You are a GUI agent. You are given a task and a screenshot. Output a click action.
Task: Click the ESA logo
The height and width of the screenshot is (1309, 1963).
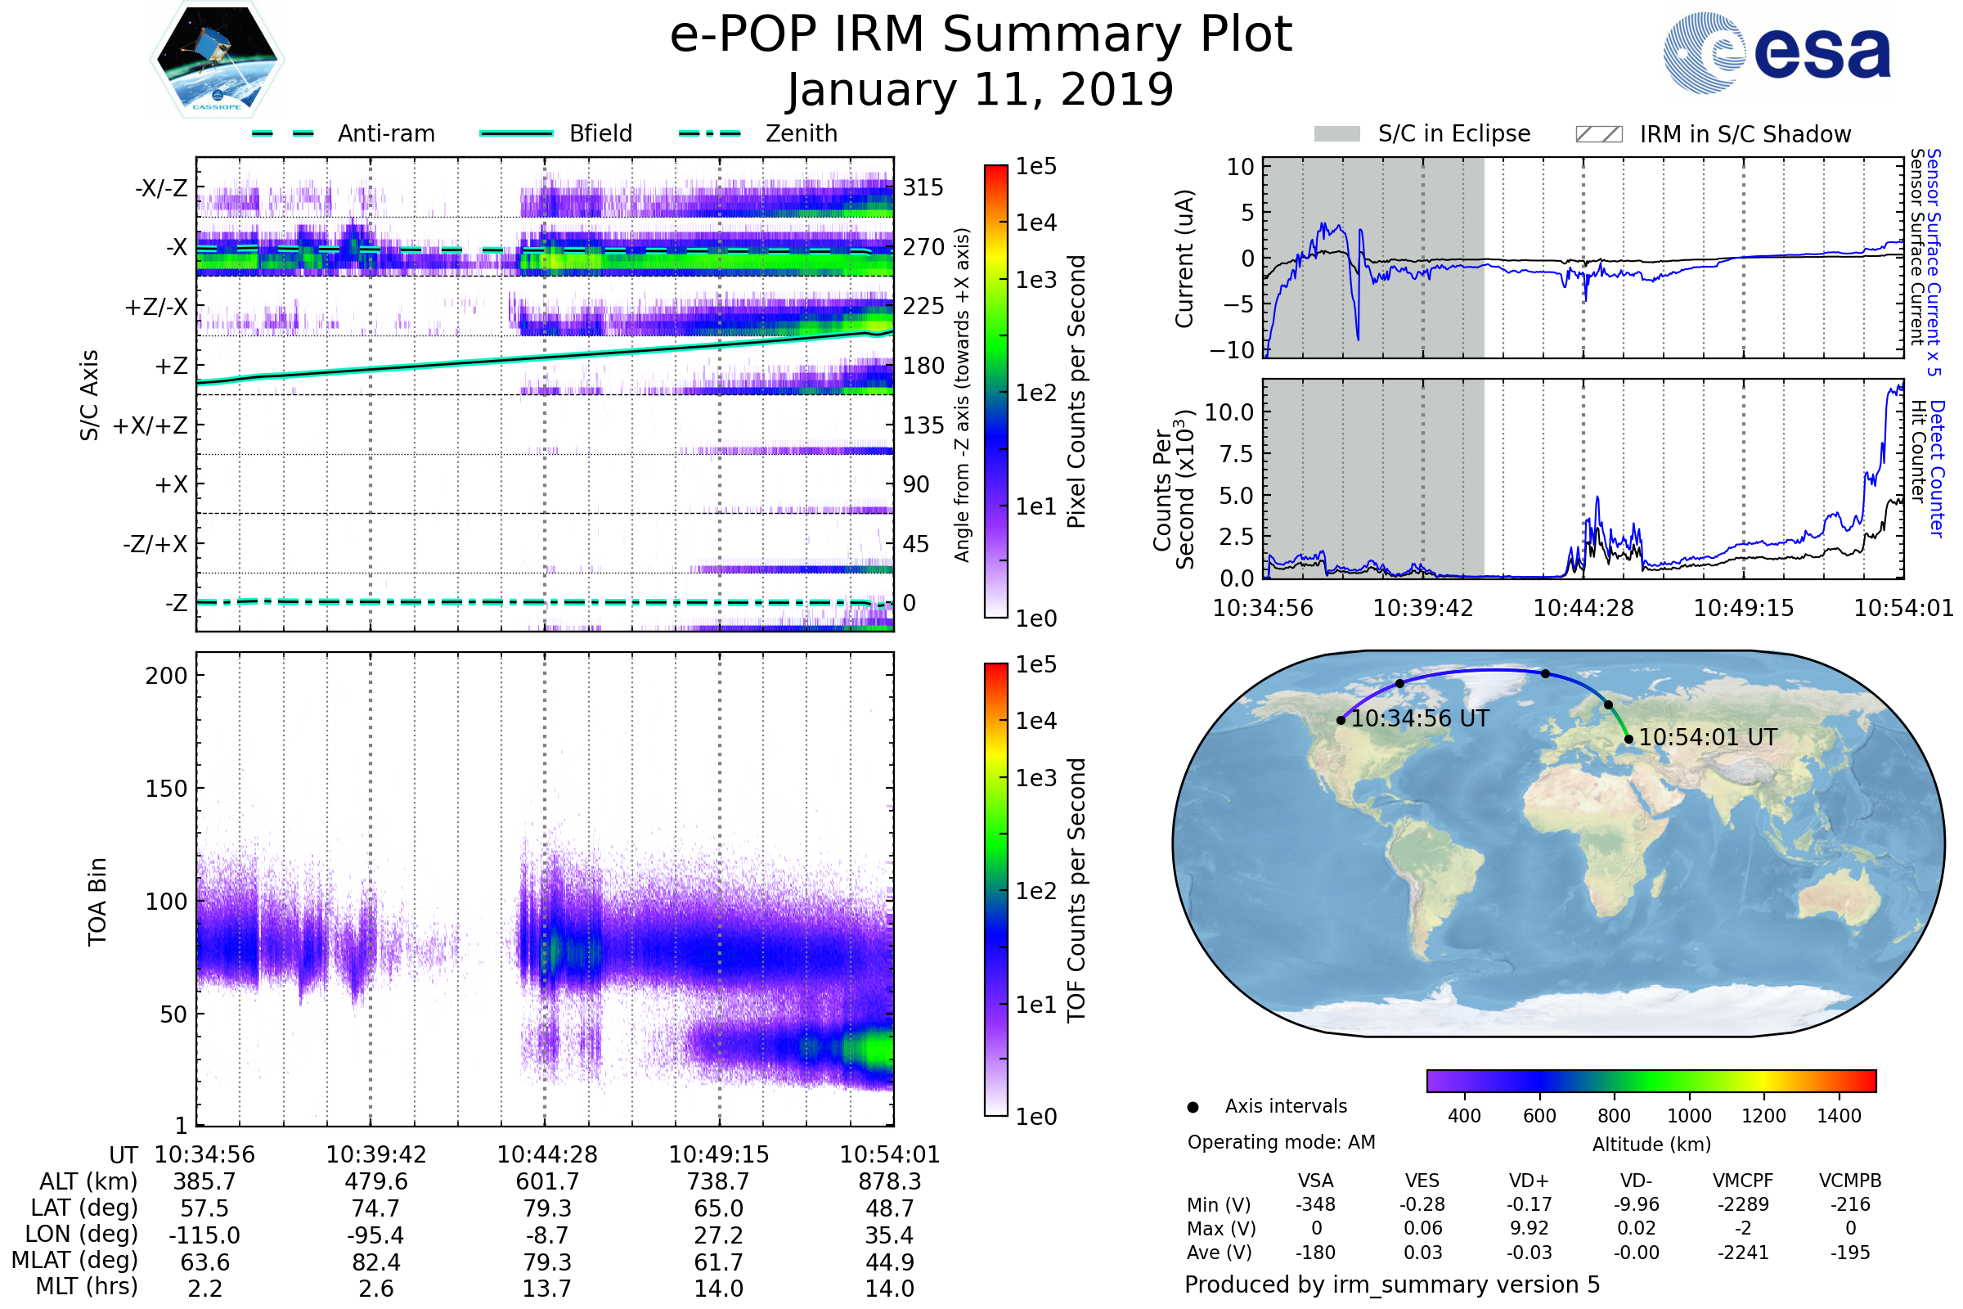[x=1777, y=52]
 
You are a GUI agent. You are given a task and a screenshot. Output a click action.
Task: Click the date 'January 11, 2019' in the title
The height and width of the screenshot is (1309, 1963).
[x=981, y=90]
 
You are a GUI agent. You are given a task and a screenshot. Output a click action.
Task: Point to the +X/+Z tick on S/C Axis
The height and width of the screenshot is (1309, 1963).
[x=150, y=425]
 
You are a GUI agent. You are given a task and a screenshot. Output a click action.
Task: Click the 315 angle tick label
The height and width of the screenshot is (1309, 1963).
[x=923, y=187]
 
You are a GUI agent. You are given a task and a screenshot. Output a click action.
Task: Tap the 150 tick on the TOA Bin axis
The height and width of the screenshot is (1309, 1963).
[x=166, y=789]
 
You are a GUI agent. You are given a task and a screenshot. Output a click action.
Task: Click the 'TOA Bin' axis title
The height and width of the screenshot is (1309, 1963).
[x=97, y=902]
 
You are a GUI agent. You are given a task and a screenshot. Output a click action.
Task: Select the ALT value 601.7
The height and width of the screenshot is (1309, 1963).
[x=547, y=1181]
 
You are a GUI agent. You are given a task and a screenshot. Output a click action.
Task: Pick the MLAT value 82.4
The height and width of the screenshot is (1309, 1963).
[x=375, y=1262]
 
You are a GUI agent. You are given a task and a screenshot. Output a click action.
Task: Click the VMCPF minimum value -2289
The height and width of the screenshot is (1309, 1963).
[x=1743, y=1204]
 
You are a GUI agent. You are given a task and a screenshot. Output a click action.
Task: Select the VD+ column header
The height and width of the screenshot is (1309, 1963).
[x=1529, y=1181]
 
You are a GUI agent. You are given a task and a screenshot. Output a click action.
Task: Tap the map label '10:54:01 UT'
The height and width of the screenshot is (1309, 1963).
[x=1708, y=737]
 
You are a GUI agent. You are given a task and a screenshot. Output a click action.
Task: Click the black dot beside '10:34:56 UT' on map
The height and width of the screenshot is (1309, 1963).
[x=1341, y=720]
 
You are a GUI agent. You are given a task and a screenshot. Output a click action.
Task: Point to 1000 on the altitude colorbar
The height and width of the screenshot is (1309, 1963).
[x=1689, y=1116]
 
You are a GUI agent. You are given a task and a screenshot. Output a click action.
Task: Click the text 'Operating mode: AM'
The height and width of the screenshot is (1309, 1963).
[x=1281, y=1142]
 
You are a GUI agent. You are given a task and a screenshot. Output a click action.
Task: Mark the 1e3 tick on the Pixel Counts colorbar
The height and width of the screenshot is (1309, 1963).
[x=1035, y=280]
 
